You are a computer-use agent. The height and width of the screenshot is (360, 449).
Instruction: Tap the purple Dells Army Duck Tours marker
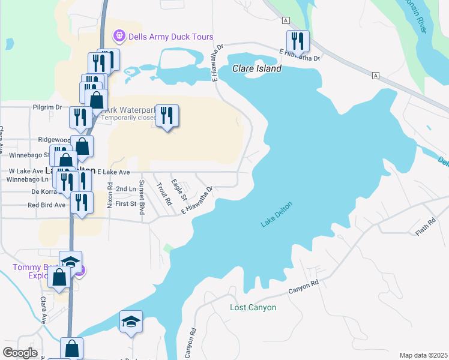(x=119, y=37)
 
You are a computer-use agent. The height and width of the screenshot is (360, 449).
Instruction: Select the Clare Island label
(x=257, y=68)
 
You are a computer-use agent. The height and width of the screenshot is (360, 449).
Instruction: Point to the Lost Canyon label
(x=253, y=308)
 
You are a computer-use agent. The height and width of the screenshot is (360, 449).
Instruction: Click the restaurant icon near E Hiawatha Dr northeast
(x=298, y=41)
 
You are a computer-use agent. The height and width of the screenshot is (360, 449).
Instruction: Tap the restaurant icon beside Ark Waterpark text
(x=166, y=115)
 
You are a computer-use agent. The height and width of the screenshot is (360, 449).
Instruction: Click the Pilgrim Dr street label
(x=48, y=107)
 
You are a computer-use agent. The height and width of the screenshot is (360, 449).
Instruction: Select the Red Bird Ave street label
(x=46, y=205)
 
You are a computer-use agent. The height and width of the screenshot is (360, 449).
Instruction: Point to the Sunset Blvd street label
(x=142, y=197)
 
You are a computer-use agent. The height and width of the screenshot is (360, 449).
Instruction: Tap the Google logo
(x=19, y=353)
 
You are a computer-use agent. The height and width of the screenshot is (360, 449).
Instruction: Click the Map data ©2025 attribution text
(x=423, y=355)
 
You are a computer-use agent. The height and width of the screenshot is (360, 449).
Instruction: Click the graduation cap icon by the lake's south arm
(x=131, y=322)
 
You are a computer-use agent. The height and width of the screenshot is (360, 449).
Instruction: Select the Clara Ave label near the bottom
(x=44, y=309)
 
